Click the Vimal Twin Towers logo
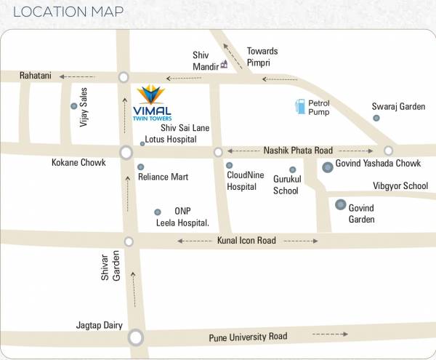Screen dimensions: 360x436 tap(150, 103)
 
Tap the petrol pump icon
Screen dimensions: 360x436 tap(299, 106)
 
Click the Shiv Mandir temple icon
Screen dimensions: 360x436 tap(224, 64)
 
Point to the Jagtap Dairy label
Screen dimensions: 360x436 tap(99, 325)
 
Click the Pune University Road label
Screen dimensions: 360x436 tap(248, 337)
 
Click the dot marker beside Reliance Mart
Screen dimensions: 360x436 tap(140, 167)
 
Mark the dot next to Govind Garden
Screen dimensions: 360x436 tap(340, 204)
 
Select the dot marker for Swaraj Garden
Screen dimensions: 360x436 tap(376, 118)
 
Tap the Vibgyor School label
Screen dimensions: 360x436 tap(400, 186)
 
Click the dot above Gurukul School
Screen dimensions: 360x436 tap(292, 169)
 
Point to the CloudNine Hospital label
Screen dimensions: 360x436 tap(242, 180)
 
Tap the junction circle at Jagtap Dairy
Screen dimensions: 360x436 tap(136, 337)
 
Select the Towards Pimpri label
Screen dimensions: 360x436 tap(262, 57)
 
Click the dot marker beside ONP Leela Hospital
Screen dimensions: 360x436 tap(157, 212)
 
